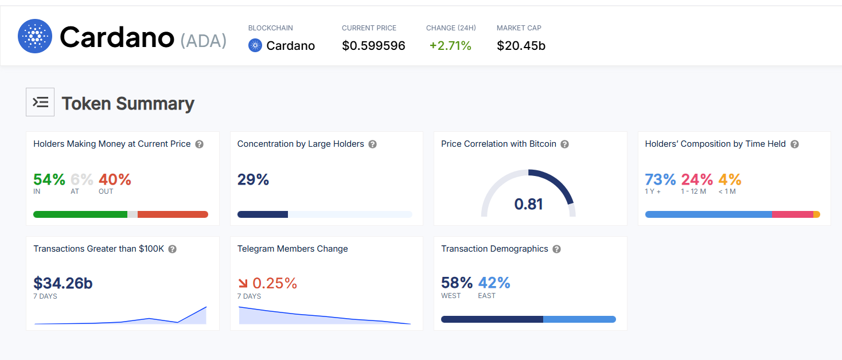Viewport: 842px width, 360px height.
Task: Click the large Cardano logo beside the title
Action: (35, 36)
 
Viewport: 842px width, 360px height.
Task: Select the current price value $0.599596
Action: (373, 46)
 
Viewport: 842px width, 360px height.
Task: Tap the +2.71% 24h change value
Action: (450, 46)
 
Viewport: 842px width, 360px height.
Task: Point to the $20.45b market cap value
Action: (521, 46)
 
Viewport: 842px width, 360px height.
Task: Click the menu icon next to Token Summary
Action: (40, 102)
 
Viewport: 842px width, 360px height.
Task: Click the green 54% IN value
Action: (49, 180)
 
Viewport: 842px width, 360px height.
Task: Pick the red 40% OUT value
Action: (115, 180)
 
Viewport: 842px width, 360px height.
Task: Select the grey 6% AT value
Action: (82, 180)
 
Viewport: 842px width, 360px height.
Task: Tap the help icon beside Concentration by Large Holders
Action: (372, 144)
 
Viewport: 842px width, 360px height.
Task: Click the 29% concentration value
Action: (253, 180)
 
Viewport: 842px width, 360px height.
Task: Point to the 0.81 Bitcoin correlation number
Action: (528, 204)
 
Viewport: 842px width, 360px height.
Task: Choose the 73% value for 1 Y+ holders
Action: (660, 180)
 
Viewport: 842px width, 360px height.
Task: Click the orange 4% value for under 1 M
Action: (730, 180)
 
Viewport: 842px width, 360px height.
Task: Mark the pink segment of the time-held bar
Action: (792, 214)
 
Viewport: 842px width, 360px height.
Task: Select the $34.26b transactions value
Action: (63, 283)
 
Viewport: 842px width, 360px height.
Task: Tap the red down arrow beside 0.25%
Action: (243, 283)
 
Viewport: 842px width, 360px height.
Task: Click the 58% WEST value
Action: (457, 283)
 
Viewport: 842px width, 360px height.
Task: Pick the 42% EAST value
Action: (494, 283)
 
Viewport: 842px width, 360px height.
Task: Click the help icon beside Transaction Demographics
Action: (556, 249)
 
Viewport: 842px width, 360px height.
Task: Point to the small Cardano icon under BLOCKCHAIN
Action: (255, 45)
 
